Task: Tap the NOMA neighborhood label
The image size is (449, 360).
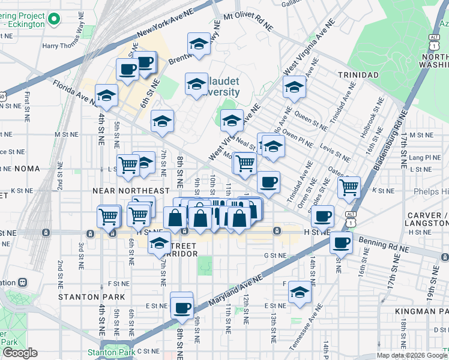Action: [x=13, y=169]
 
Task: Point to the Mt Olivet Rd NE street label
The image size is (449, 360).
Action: [x=248, y=18]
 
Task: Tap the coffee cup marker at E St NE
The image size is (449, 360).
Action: [x=181, y=307]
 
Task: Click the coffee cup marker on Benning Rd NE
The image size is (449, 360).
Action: [x=341, y=242]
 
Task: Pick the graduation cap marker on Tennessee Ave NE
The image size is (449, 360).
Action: [x=300, y=292]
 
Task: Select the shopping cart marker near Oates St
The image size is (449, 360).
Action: [x=349, y=187]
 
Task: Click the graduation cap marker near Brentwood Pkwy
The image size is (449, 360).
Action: [x=199, y=43]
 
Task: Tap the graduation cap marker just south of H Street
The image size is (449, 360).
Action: [x=159, y=243]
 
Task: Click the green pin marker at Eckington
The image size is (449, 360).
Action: [x=55, y=20]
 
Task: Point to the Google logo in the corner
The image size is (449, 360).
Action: [x=19, y=353]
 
